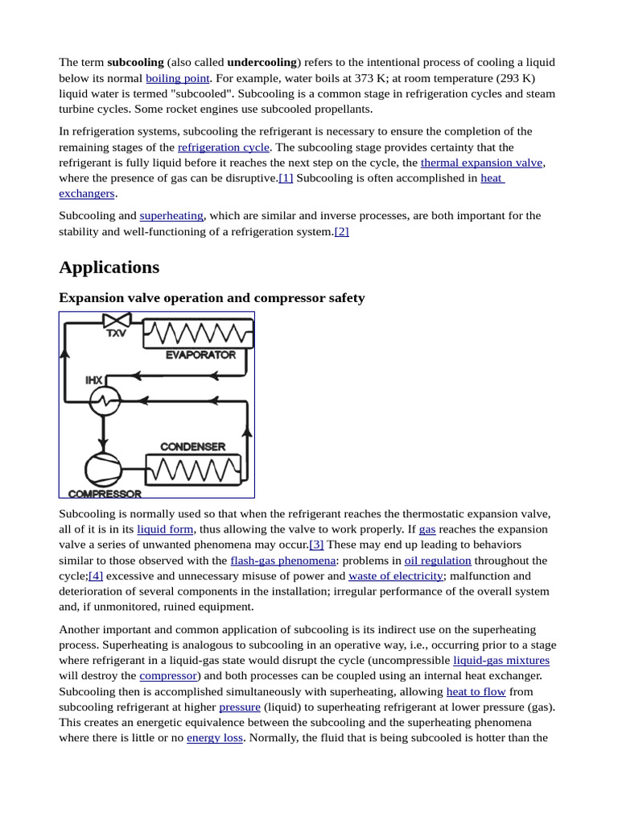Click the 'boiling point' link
tap(177, 78)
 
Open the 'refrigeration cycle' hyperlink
tap(223, 147)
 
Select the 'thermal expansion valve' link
tap(481, 163)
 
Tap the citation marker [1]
tap(286, 178)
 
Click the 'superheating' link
tap(171, 216)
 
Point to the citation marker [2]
tap(341, 231)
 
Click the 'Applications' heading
tap(109, 267)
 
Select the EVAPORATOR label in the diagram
tap(200, 354)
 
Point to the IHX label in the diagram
tap(94, 379)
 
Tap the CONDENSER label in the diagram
tap(192, 446)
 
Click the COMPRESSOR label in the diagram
tap(105, 493)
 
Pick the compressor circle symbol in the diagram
tap(103, 469)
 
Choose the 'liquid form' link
tap(165, 529)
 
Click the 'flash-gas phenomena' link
tap(282, 561)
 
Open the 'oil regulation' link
tap(438, 561)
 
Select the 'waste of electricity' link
tap(395, 576)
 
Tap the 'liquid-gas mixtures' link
tap(501, 661)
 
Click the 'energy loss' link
tap(215, 738)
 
